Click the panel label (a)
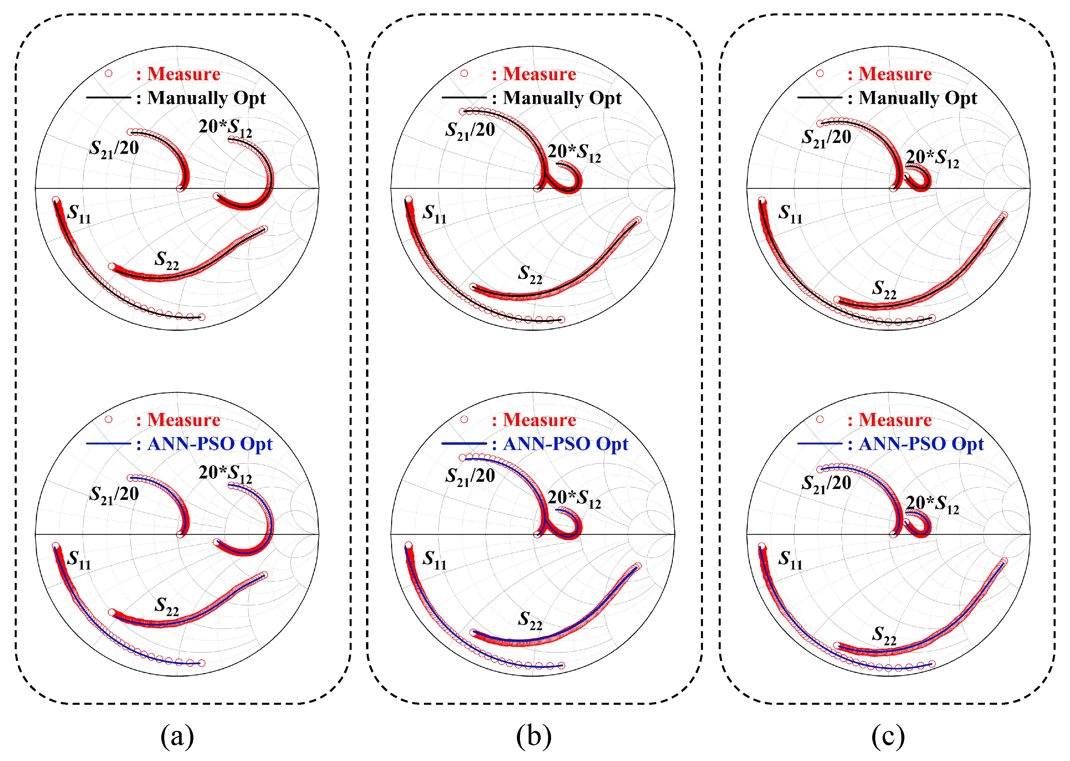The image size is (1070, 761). [177, 736]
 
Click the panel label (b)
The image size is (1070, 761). [534, 736]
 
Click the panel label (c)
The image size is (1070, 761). [888, 736]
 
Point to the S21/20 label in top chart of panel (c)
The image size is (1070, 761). [826, 138]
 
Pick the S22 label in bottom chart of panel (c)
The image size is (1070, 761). [884, 636]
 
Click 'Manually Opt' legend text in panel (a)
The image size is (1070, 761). [206, 98]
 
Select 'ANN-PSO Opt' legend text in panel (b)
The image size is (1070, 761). [565, 444]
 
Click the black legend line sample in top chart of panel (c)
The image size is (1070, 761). [819, 97]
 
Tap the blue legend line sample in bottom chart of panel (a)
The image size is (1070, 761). [108, 443]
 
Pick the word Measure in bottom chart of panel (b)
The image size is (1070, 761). [539, 420]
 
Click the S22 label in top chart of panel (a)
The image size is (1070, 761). [167, 260]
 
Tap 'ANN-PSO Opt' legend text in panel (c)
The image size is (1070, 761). [921, 444]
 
